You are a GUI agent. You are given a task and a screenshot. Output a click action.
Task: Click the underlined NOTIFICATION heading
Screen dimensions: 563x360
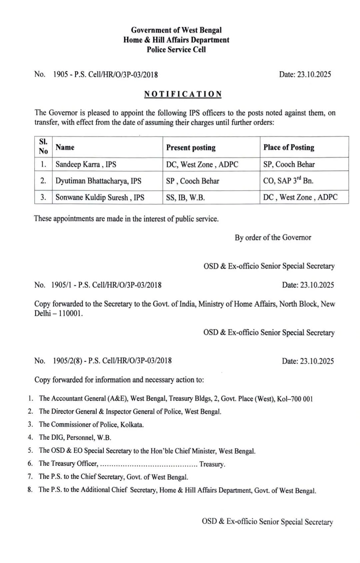(x=183, y=94)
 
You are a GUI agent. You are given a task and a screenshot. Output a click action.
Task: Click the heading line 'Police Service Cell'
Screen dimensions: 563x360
(x=176, y=50)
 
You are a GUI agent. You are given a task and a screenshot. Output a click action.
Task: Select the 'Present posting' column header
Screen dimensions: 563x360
(x=191, y=147)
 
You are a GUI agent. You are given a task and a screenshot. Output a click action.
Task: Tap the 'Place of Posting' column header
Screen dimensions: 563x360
(x=289, y=147)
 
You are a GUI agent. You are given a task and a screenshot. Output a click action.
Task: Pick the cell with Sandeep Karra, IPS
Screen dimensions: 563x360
(x=86, y=164)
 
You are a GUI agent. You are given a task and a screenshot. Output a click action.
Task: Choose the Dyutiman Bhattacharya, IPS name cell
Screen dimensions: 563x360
(x=98, y=181)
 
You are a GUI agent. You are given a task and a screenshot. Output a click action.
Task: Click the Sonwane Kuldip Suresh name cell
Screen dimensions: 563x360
(x=100, y=197)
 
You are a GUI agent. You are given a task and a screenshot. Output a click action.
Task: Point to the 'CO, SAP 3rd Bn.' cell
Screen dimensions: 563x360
(x=288, y=181)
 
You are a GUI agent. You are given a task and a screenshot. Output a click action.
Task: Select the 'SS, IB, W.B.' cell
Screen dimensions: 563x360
(x=185, y=197)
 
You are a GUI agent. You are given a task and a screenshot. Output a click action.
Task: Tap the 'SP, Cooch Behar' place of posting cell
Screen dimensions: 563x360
(x=289, y=164)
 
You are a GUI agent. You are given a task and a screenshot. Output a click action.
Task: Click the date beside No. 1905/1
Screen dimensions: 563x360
(x=308, y=285)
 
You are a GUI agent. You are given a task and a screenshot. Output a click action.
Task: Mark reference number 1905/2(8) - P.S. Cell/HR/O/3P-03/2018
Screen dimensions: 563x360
(x=112, y=361)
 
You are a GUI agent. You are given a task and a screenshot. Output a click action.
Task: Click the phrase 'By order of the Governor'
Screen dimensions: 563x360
(x=273, y=238)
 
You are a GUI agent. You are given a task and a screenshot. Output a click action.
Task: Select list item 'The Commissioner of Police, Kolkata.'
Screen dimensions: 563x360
(x=91, y=425)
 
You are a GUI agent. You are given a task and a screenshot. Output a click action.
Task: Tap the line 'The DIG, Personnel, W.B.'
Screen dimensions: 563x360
(x=75, y=438)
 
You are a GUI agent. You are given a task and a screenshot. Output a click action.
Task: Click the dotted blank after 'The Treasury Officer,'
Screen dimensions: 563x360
(x=149, y=464)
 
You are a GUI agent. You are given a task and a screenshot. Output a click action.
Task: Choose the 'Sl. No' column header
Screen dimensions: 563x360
(x=43, y=147)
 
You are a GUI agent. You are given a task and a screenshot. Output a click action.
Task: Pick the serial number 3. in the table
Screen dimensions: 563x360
(x=43, y=197)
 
